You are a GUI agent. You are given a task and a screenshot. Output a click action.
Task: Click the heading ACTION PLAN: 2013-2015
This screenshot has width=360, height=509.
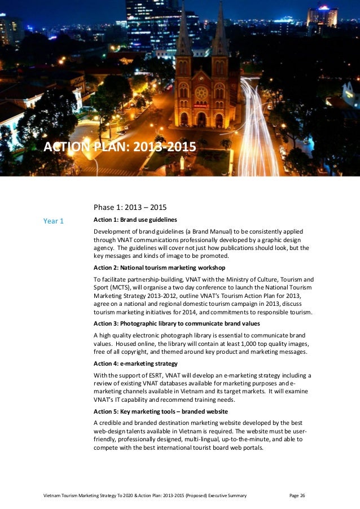[x=120, y=148]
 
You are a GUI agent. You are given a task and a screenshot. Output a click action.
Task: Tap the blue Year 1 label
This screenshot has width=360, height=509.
[x=54, y=221]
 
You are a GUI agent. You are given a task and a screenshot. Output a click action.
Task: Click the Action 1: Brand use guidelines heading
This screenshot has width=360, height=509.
[x=135, y=220]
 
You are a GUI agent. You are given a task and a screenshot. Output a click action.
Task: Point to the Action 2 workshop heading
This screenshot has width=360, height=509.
[x=159, y=267]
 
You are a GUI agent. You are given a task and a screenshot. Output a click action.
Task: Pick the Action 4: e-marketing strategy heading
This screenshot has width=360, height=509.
[x=135, y=363]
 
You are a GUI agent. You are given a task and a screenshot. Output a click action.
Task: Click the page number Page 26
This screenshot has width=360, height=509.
[x=297, y=496]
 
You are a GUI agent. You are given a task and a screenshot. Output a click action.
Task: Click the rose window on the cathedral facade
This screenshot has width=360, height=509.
[x=201, y=92]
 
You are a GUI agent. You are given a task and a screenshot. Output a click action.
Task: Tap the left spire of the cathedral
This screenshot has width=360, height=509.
[x=184, y=31]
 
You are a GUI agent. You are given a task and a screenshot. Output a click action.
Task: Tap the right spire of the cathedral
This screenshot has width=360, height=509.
[x=219, y=31]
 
